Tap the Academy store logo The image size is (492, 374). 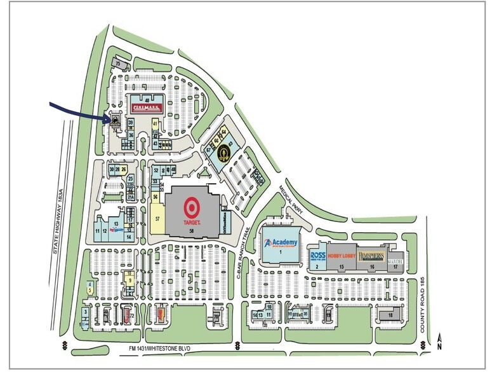(x=281, y=242)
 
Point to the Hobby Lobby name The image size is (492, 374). (x=340, y=256)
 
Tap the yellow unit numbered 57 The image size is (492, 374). (x=157, y=218)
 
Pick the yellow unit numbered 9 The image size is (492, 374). (x=130, y=280)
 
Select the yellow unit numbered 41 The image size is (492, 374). (x=155, y=122)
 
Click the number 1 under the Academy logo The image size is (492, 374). (x=280, y=252)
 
